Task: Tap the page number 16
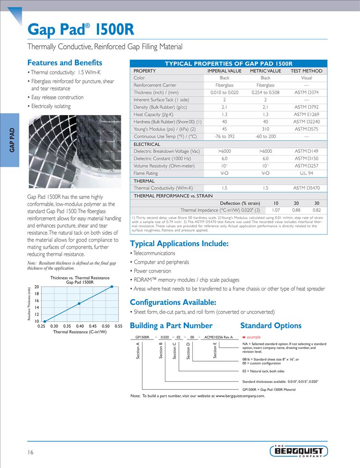pos(31,452)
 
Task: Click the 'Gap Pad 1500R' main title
pos(81,30)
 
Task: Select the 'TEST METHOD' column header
pos(306,71)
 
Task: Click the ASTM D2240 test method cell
pos(306,122)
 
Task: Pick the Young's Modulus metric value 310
pos(265,129)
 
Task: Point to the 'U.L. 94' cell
pos(306,173)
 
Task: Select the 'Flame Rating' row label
pos(146,173)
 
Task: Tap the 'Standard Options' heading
pos(271,326)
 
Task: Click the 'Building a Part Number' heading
pos(171,326)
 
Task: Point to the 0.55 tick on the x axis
pos(119,326)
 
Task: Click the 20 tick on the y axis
pos(36,287)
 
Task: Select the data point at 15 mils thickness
pos(79,303)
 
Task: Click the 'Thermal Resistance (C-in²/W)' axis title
pos(80,332)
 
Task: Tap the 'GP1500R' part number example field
pos(142,337)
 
